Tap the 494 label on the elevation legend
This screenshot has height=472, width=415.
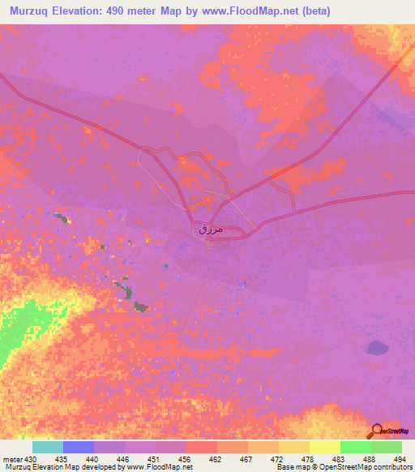(400, 459)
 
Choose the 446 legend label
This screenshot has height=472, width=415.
(125, 459)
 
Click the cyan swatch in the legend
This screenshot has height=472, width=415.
(48, 447)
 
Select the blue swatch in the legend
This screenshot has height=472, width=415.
(79, 447)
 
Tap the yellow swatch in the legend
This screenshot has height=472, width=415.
(324, 447)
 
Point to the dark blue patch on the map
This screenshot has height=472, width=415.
(377, 348)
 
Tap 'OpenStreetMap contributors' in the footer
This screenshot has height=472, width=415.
(370, 467)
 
